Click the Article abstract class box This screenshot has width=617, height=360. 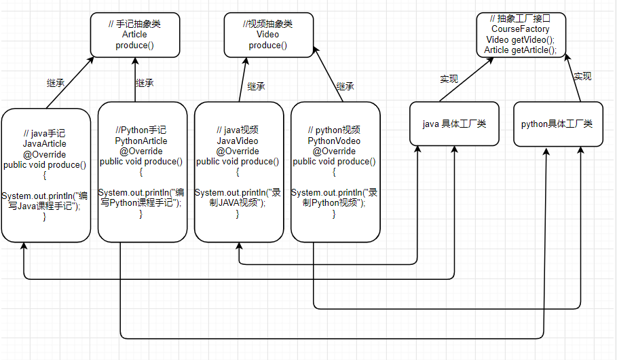click(134, 35)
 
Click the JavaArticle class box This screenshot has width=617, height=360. click(45, 175)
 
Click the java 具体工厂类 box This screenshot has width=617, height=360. click(454, 124)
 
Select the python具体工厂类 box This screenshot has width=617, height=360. click(557, 124)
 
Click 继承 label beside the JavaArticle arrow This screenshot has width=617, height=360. click(56, 84)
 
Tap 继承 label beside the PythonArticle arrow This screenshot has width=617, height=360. click(145, 83)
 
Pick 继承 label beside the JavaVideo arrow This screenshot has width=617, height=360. click(257, 86)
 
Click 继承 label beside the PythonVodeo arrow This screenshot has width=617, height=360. click(345, 86)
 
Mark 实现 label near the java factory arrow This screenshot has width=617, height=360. click(449, 79)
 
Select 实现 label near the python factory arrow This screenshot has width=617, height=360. click(582, 76)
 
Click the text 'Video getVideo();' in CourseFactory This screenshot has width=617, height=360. click(520, 39)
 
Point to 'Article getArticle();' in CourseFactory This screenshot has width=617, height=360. click(520, 50)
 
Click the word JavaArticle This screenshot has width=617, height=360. click(45, 144)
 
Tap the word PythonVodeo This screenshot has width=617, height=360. click(334, 141)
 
